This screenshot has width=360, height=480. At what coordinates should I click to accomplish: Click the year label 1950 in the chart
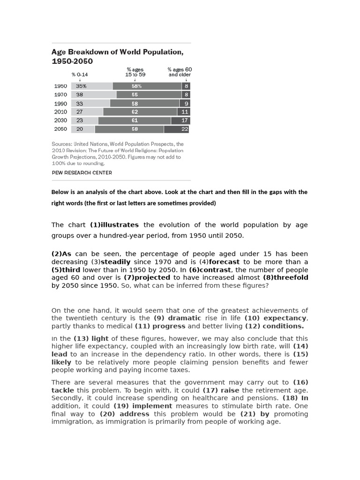[60, 86]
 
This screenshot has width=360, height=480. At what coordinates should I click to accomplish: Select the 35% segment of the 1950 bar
[92, 86]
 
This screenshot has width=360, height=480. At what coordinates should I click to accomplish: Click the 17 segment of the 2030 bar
[180, 120]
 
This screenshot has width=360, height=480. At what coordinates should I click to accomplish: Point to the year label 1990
[60, 104]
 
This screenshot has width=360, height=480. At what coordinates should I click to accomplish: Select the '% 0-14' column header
[80, 74]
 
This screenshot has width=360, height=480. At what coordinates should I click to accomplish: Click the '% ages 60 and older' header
[180, 72]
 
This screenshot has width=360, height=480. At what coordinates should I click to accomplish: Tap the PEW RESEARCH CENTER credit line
[82, 172]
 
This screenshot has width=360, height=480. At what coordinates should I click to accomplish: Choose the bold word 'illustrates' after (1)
[120, 225]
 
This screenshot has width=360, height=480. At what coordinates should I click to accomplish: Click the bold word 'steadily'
[116, 262]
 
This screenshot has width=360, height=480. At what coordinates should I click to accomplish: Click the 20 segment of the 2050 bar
[82, 129]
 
